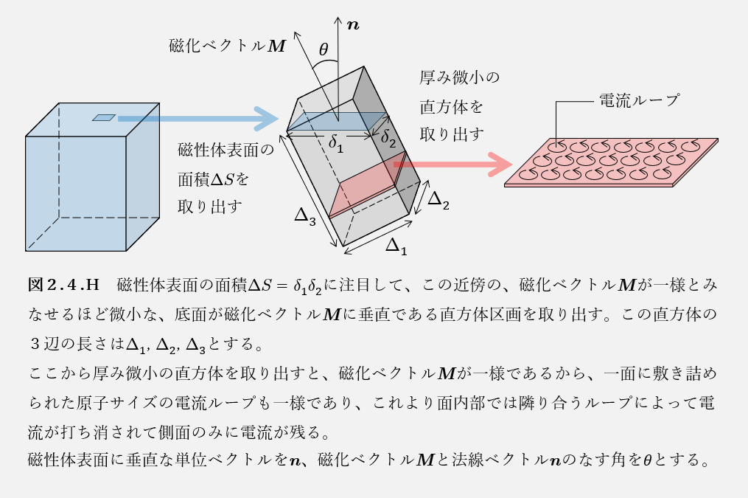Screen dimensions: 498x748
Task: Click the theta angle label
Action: pos(324,51)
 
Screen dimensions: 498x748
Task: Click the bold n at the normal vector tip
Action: pos(354,24)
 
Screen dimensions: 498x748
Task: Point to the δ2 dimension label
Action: pos(388,138)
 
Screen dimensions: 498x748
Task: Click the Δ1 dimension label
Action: pos(396,246)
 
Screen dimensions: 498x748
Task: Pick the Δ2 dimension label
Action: pos(438,200)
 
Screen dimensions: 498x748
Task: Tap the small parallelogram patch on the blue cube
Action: pos(104,117)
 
